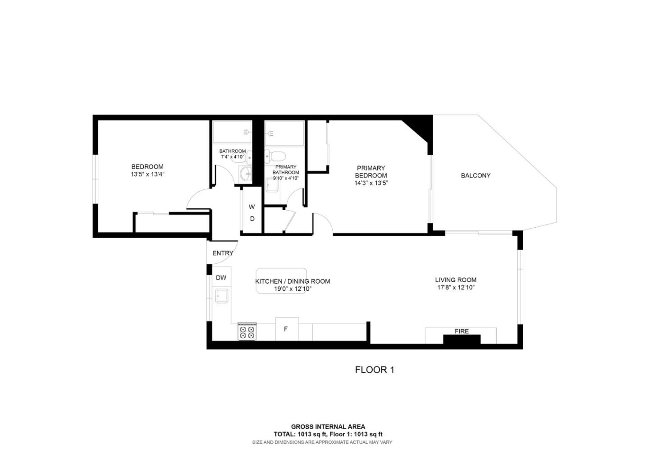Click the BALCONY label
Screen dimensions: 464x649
pos(475,175)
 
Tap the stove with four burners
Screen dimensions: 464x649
pos(247,332)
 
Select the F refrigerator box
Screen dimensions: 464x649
pos(286,329)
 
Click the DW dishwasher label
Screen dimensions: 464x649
pos(221,278)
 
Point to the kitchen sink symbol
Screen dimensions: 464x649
pos(222,296)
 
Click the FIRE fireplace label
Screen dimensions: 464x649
pos(462,331)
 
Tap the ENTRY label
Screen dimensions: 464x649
pos(223,253)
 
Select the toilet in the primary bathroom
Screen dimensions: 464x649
pos(276,156)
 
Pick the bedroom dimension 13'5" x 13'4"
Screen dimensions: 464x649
pos(147,174)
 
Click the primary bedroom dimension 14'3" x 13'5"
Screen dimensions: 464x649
pos(371,183)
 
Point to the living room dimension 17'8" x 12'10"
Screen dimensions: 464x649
pos(456,287)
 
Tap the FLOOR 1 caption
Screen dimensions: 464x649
pos(375,370)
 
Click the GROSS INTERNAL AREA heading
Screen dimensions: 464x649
pos(328,427)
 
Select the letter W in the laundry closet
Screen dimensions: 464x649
pos(252,207)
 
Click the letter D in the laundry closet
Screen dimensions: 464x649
pos(252,219)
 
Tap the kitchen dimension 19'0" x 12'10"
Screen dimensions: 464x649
pos(293,289)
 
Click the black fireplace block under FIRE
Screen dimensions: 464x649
pos(462,340)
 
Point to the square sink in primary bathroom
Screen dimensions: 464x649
pos(272,185)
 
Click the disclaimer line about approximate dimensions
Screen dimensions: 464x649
pos(322,442)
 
